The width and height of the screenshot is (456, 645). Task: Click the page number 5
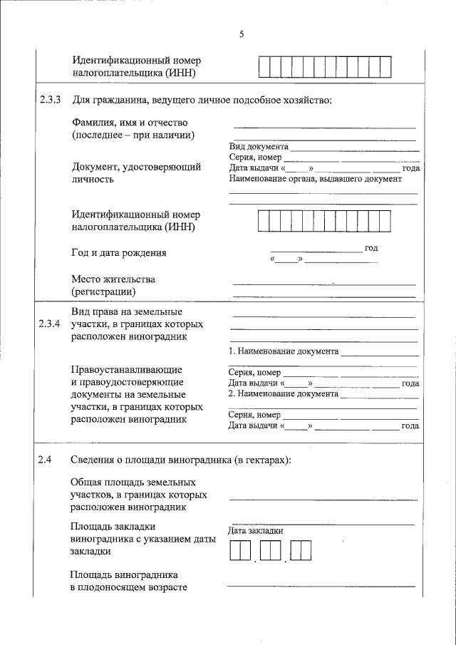[242, 34]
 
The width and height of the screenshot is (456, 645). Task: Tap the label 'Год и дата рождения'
[119, 253]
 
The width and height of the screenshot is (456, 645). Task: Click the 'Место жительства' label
[113, 279]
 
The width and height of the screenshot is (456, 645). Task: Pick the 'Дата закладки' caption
[256, 530]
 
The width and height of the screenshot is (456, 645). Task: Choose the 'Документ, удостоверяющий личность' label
[136, 173]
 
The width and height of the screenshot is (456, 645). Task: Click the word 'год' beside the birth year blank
[371, 248]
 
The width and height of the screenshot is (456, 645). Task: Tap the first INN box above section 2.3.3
[264, 66]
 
